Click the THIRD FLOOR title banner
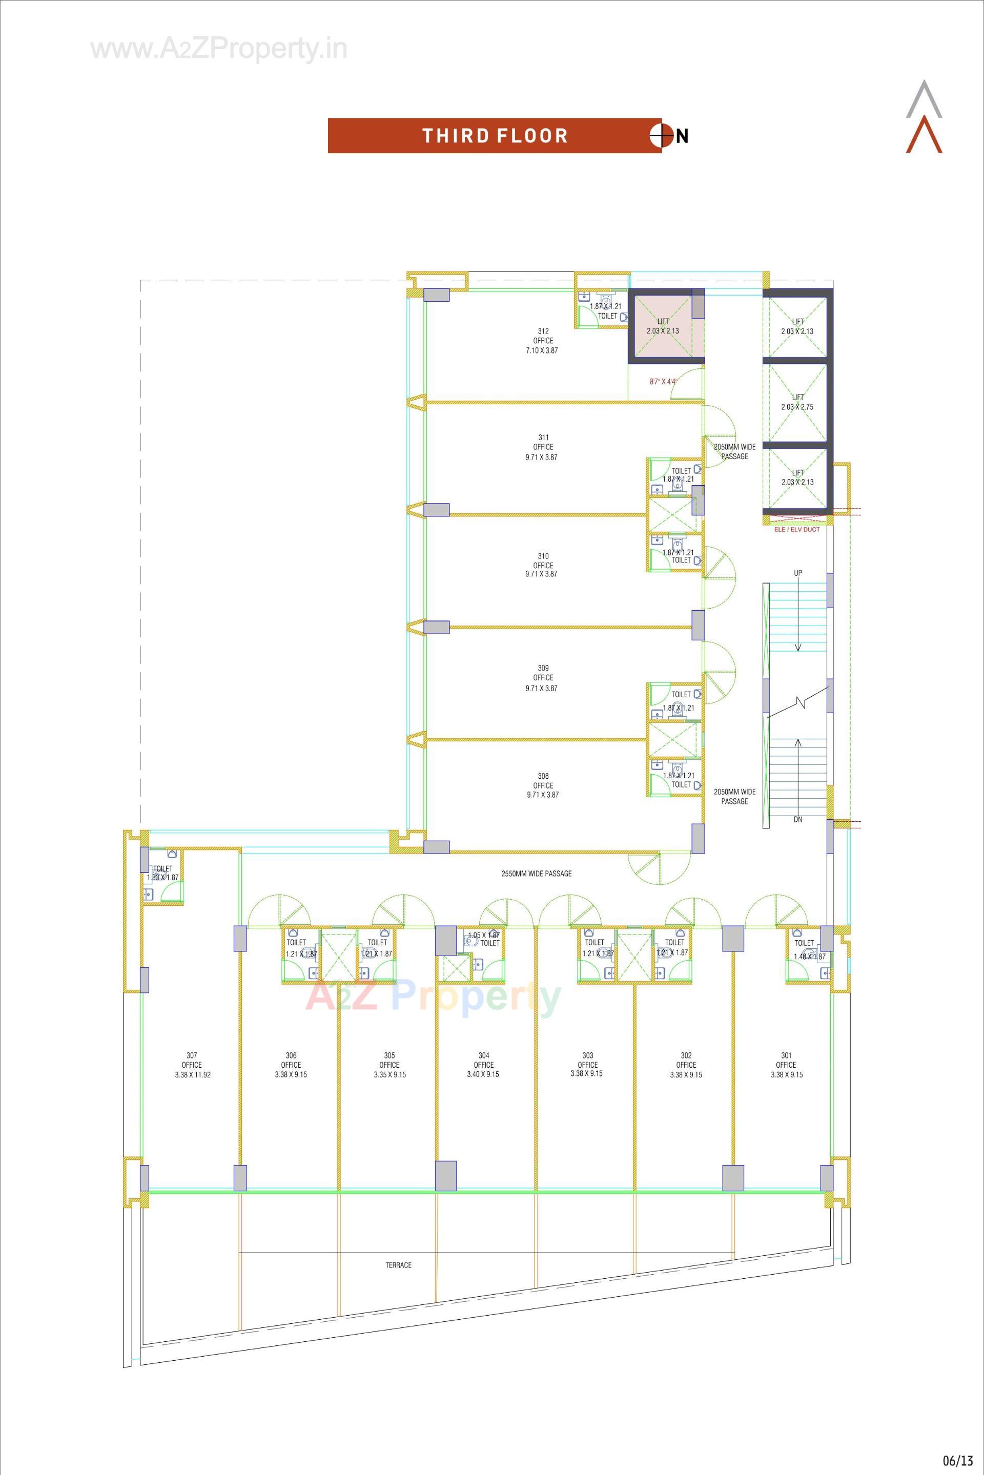coord(495,136)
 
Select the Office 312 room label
coord(543,341)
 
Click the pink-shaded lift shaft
coord(663,326)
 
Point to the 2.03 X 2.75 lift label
coord(797,407)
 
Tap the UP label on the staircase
coord(797,573)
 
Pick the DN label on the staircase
coord(797,819)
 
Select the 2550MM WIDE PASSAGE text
coord(537,874)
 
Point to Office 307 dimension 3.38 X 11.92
coord(193,1075)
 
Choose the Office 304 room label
coord(483,1065)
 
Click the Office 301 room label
coord(786,1065)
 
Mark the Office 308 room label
coord(543,785)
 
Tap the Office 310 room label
coord(543,565)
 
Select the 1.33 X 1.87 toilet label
coord(162,877)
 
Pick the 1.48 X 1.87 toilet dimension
coord(810,957)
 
